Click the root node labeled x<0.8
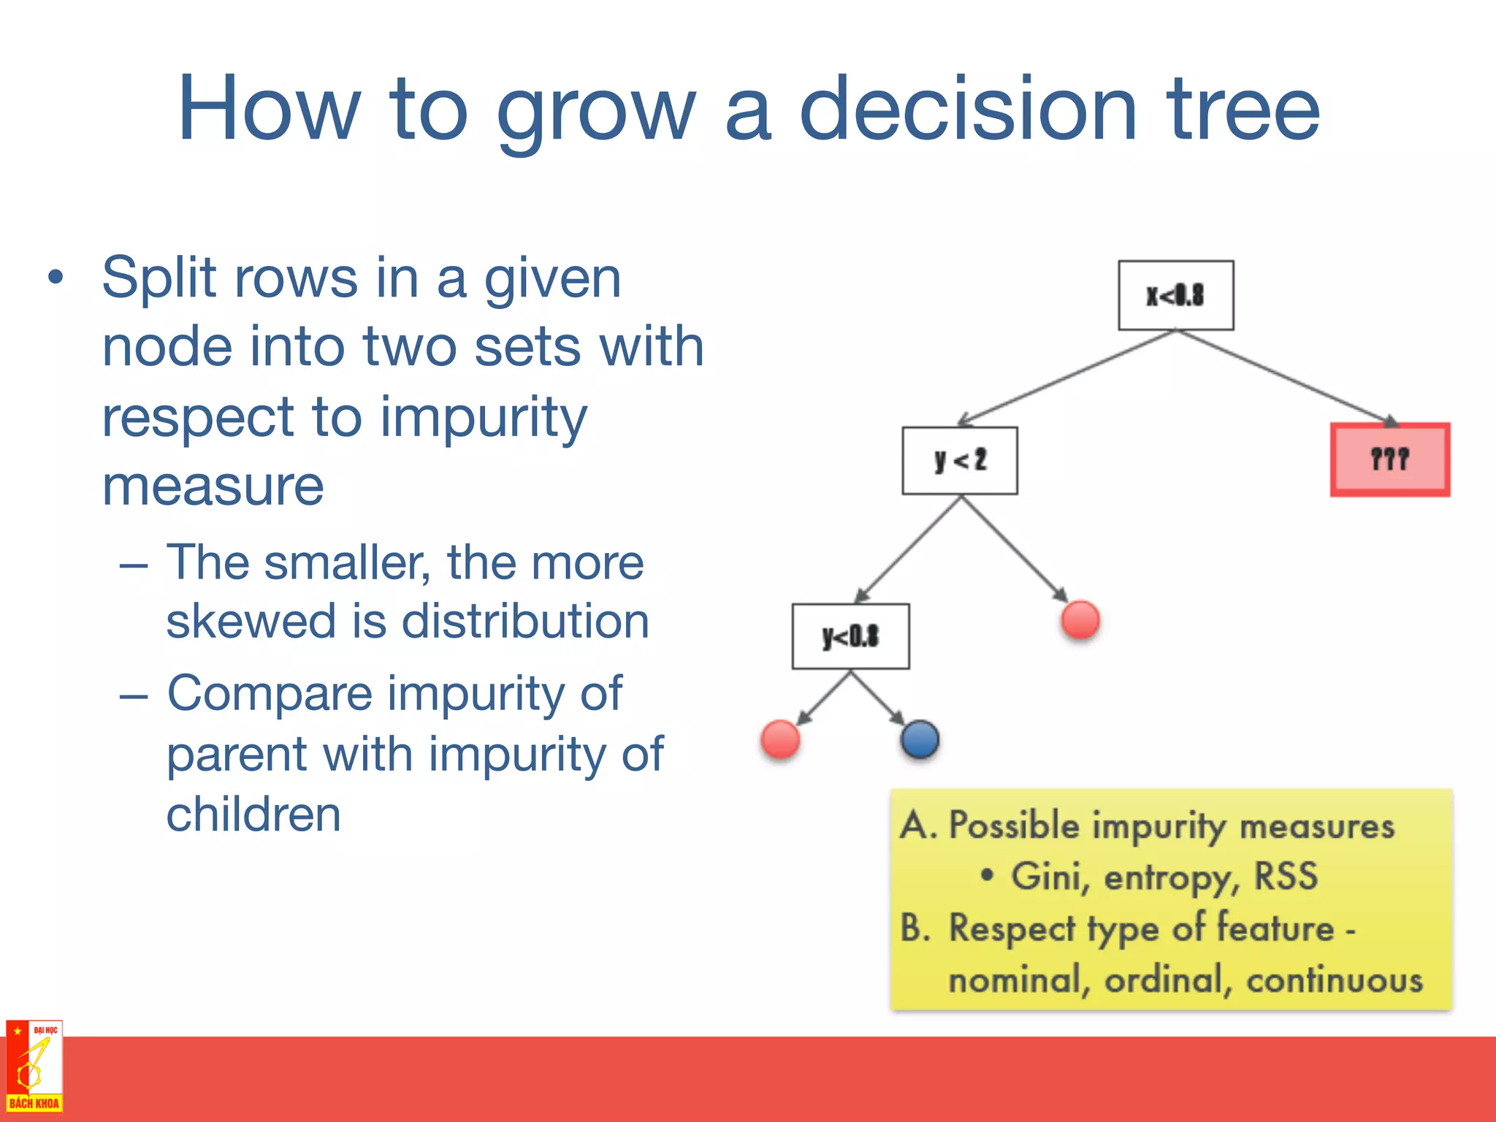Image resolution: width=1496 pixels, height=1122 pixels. (x=1175, y=295)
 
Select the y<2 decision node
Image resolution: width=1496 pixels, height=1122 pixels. (x=959, y=460)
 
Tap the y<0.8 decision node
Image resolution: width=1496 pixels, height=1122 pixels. (x=850, y=636)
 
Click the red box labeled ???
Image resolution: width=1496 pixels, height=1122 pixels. (x=1389, y=459)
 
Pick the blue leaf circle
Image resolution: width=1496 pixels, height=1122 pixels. (x=920, y=739)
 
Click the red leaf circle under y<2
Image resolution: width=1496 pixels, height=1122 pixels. (x=1080, y=619)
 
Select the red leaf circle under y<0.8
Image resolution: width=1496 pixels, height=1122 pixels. (x=780, y=739)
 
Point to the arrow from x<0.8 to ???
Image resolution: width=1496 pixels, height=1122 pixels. (x=1286, y=377)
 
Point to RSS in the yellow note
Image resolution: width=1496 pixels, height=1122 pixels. (x=1286, y=876)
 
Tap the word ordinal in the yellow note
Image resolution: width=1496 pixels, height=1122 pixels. (x=1163, y=979)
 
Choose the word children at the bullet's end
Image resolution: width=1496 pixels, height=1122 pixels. (x=253, y=814)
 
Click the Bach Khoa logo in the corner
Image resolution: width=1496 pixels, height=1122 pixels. (x=34, y=1066)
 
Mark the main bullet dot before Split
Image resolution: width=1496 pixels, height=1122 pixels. (x=56, y=278)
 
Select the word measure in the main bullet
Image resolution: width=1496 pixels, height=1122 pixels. (x=213, y=486)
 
